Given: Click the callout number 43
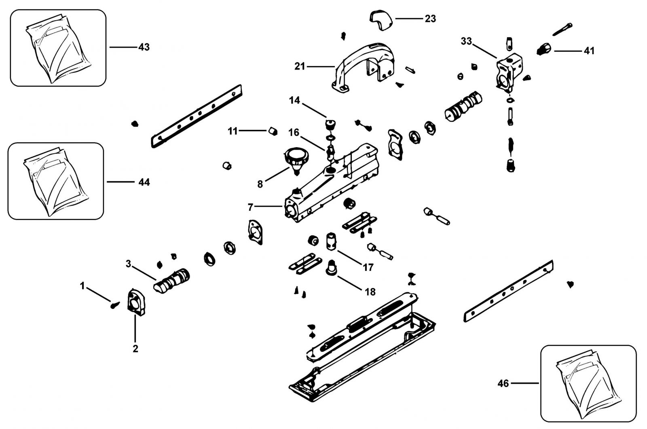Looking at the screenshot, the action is [x=144, y=47].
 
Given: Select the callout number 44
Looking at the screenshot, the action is [x=144, y=182].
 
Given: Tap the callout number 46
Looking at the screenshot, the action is [x=503, y=383].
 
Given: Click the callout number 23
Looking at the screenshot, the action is [x=430, y=19].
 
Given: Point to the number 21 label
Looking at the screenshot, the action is [x=300, y=66].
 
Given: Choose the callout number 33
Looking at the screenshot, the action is [x=466, y=41].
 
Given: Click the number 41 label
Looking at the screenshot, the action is [x=589, y=51].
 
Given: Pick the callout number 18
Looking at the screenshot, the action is [x=370, y=292].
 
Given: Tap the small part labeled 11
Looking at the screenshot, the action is [x=273, y=131].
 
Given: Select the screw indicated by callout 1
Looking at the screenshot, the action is [x=115, y=305].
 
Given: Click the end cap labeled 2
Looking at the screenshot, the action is [x=136, y=302].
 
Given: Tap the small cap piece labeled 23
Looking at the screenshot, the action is [x=381, y=20].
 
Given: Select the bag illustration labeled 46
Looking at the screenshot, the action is [x=588, y=384].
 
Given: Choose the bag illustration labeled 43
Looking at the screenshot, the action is [x=58, y=49].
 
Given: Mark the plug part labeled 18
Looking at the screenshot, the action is [x=332, y=268].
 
